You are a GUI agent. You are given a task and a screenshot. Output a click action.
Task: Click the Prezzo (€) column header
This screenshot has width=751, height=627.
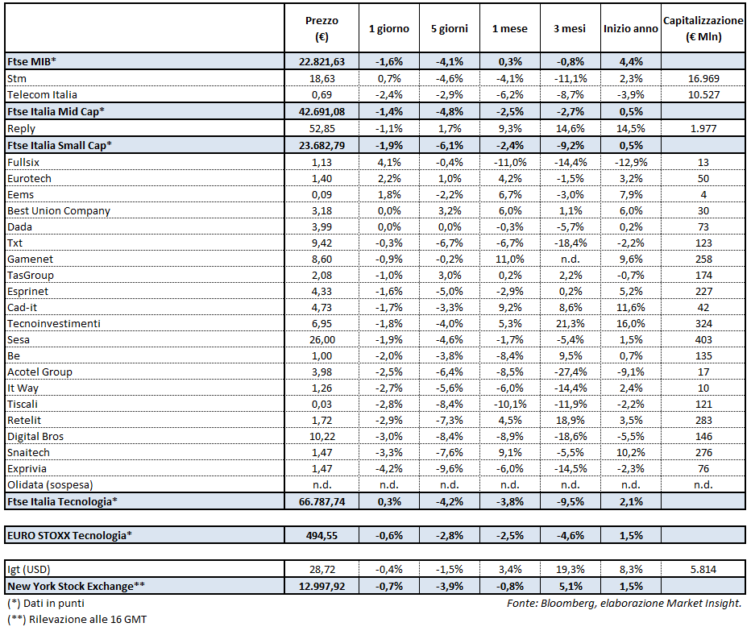[322, 28]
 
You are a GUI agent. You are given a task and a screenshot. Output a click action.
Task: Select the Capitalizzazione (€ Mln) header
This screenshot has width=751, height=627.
[703, 28]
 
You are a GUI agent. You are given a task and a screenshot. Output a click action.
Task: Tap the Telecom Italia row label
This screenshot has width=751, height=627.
[42, 94]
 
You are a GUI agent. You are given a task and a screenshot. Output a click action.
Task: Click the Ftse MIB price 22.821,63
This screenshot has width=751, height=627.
[322, 62]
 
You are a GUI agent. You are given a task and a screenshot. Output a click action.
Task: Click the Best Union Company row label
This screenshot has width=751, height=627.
[59, 210]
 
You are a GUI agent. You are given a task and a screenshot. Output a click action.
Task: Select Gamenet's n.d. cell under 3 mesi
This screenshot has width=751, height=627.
[570, 259]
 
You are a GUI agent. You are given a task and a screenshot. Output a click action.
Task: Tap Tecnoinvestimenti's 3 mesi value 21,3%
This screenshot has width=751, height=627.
[570, 323]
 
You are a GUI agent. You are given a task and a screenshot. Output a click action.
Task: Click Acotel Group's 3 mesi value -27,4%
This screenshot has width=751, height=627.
[570, 372]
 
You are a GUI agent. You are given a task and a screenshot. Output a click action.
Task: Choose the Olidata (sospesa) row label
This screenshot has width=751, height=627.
[50, 485]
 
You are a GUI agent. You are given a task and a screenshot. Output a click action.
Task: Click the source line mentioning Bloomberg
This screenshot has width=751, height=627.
[624, 603]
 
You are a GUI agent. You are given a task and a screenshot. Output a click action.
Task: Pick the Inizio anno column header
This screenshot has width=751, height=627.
[631, 28]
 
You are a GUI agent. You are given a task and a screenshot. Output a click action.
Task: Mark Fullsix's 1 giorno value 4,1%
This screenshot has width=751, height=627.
[389, 161]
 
